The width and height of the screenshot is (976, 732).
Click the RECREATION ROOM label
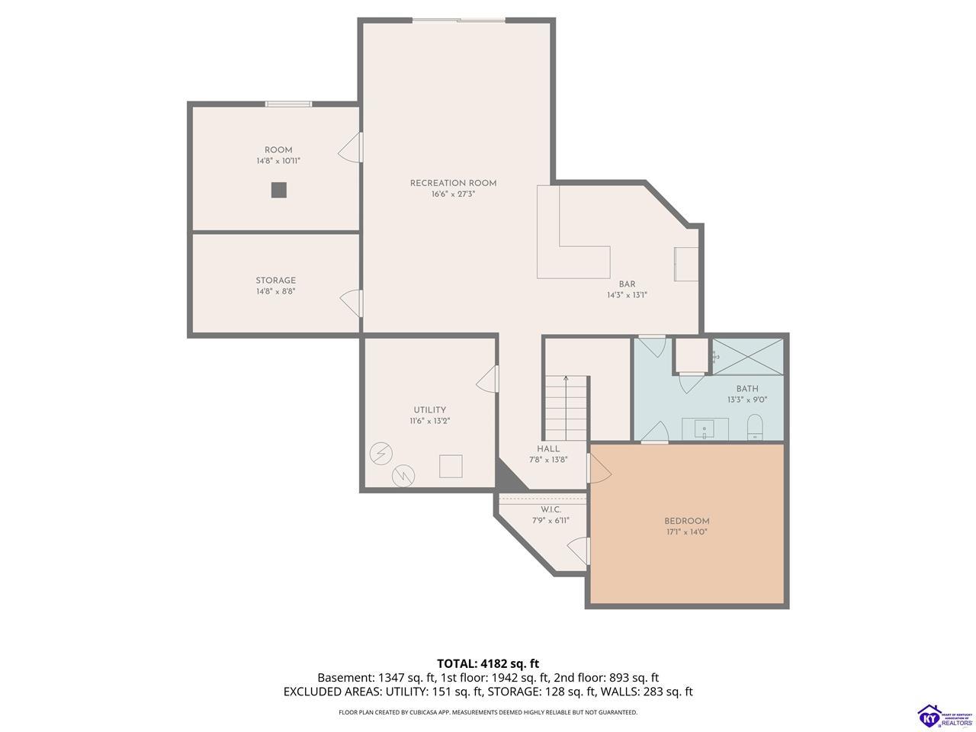tap(453, 183)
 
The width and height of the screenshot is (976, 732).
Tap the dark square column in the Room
tap(279, 190)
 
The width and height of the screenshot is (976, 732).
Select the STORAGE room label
tap(275, 280)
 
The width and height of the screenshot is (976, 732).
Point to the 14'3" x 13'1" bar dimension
tap(627, 294)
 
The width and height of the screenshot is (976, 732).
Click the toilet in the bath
tap(755, 427)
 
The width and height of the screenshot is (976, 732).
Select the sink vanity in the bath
tap(705, 429)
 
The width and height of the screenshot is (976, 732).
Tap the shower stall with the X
tap(747, 356)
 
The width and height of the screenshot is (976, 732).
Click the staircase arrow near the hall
tap(566, 407)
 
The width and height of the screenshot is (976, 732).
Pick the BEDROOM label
tap(686, 521)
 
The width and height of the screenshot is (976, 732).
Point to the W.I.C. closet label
tap(551, 509)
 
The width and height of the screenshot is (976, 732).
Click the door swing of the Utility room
tap(487, 379)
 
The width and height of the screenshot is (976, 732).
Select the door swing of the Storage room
tap(352, 303)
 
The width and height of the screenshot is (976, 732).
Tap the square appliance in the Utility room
tap(451, 466)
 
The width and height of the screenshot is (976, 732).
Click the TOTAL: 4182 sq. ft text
tap(488, 663)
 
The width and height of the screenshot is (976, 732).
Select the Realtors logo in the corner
tap(945, 715)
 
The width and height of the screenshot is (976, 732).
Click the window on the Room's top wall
tap(288, 104)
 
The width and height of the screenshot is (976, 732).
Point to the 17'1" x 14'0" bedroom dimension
tap(686, 532)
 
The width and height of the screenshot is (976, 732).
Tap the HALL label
tap(547, 448)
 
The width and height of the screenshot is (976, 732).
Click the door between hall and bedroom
tap(599, 468)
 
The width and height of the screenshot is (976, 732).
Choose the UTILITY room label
tap(429, 409)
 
